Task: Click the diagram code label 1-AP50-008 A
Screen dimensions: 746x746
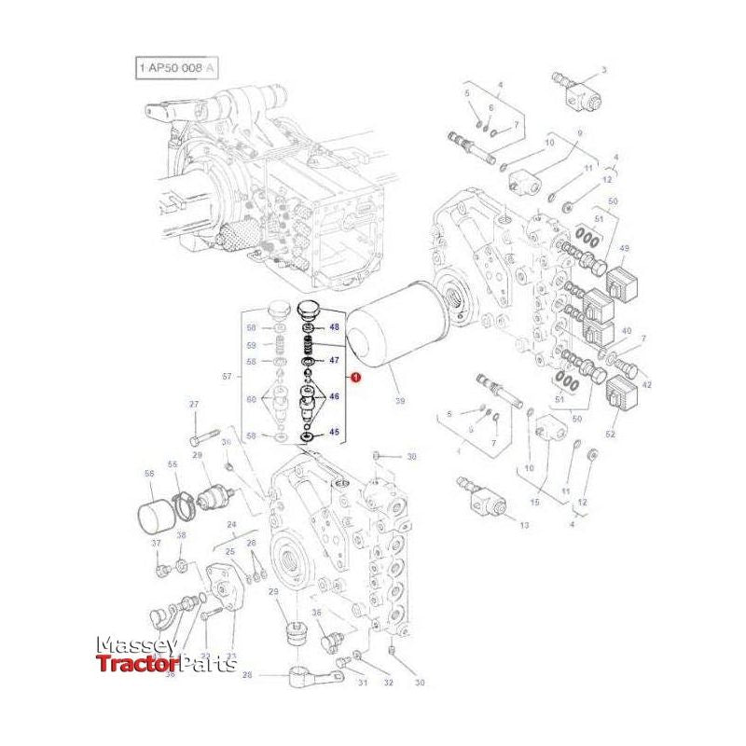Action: (x=178, y=68)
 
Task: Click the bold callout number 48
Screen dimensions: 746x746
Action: (x=334, y=327)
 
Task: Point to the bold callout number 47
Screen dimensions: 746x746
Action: (x=334, y=359)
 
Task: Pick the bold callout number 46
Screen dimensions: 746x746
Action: (x=334, y=396)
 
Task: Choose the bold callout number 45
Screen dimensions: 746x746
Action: (x=334, y=432)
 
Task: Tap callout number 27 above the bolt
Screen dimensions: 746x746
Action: (x=194, y=404)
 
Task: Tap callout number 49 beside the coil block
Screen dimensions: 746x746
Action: (x=624, y=248)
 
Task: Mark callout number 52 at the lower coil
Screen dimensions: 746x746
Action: (x=611, y=433)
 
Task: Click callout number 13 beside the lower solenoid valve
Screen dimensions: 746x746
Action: (x=524, y=526)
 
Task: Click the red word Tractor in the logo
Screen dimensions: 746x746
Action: (x=128, y=664)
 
